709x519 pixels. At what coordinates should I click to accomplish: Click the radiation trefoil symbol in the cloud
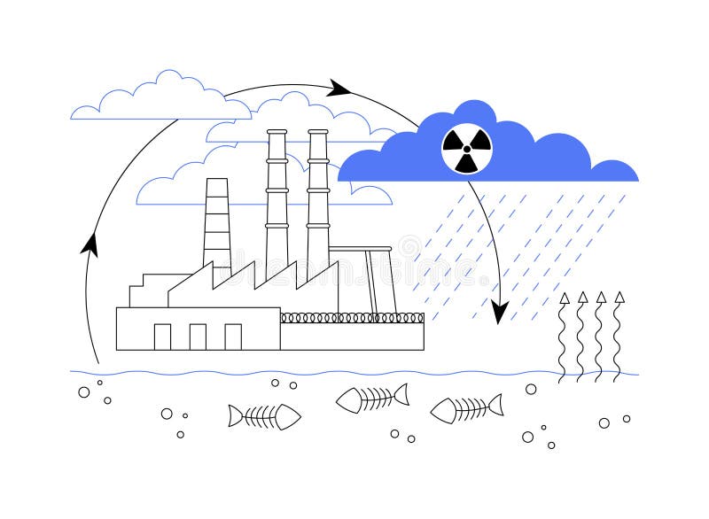466,148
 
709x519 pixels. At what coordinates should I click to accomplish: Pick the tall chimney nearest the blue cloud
318,199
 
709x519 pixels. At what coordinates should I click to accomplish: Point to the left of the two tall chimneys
277,199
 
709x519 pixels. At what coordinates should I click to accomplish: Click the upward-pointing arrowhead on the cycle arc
90,243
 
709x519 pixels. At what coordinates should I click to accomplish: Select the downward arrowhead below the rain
500,313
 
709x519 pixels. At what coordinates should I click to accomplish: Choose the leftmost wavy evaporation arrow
564,337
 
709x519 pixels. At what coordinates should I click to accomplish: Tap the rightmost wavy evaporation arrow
619,337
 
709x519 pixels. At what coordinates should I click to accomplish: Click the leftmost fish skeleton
264,416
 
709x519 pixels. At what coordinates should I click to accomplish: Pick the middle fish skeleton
372,399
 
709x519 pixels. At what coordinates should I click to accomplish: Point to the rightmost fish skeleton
466,408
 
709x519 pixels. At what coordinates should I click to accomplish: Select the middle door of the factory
198,337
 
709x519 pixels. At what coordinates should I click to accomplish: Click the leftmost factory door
162,337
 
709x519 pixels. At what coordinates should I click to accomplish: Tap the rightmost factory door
233,337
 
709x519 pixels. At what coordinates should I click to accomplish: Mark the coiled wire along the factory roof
352,318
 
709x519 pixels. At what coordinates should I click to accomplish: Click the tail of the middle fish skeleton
401,395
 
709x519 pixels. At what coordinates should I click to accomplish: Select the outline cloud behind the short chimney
177,186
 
